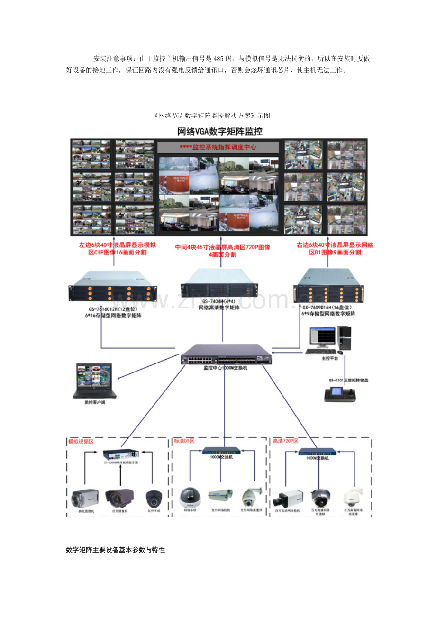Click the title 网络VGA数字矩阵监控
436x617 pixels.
click(x=219, y=131)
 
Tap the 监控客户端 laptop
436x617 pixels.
click(x=94, y=381)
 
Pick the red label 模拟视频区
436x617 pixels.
click(x=81, y=441)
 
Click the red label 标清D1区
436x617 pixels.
click(x=184, y=441)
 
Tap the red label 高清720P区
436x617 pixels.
click(x=285, y=441)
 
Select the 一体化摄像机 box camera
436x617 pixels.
click(x=85, y=498)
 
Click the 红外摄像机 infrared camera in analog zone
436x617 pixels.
click(x=119, y=498)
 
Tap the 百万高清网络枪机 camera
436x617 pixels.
click(x=287, y=499)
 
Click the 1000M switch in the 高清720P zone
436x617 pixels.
click(x=317, y=451)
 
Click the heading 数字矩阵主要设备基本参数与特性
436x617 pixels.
click(x=115, y=550)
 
